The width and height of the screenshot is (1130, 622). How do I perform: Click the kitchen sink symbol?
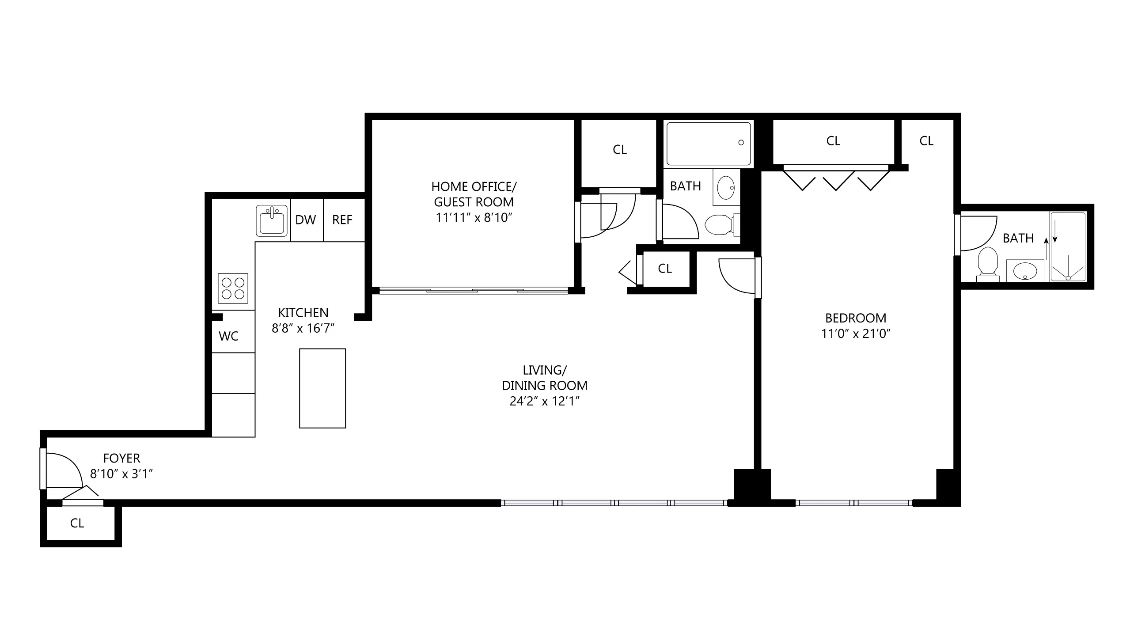pos(272,221)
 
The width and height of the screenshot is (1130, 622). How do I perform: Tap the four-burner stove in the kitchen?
pos(233,288)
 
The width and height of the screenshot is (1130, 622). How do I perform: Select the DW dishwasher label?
pos(306,220)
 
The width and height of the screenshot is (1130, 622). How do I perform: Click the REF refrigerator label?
pos(342,220)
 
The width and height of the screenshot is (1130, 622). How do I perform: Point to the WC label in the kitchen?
pos(228,336)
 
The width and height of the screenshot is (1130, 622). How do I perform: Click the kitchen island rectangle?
pos(322,388)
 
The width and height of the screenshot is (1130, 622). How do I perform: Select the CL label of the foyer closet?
pos(77,523)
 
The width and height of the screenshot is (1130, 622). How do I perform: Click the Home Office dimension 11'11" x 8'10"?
pos(474,217)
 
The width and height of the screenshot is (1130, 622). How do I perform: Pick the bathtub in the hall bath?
pos(708,144)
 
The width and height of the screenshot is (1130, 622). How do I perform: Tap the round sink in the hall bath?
pos(726,188)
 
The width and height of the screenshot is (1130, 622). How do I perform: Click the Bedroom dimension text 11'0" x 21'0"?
pos(856,334)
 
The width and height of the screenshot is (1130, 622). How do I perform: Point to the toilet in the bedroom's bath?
pos(988,263)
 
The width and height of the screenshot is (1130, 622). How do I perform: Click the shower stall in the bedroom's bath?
pos(1067,247)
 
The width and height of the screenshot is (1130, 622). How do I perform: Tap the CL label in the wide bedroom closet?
pos(833,141)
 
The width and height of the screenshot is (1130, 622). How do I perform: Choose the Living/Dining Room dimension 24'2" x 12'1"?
pos(544,401)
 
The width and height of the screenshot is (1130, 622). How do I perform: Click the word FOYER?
pos(121,458)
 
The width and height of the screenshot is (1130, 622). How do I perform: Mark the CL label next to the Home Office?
pos(620,150)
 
